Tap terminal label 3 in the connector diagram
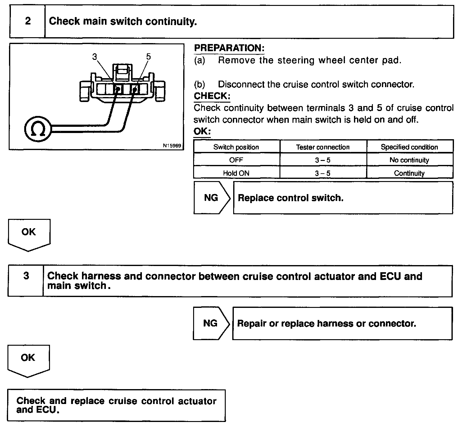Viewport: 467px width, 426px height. [x=95, y=57]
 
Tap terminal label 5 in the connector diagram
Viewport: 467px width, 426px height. [x=148, y=57]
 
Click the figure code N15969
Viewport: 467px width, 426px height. [x=172, y=145]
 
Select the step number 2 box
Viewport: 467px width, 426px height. [x=28, y=21]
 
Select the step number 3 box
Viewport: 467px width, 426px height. [x=26, y=276]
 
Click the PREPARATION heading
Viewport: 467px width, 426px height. [x=229, y=48]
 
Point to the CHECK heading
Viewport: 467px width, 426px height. [x=212, y=96]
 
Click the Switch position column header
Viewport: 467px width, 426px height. [x=236, y=147]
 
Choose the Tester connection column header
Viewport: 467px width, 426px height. [x=323, y=147]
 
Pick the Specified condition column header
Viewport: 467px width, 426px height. [x=409, y=147]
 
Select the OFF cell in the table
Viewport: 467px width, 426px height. [x=236, y=160]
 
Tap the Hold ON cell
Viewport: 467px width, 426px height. [x=236, y=173]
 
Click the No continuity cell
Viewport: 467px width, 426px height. [x=409, y=160]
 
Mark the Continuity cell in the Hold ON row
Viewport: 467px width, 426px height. [x=409, y=173]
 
